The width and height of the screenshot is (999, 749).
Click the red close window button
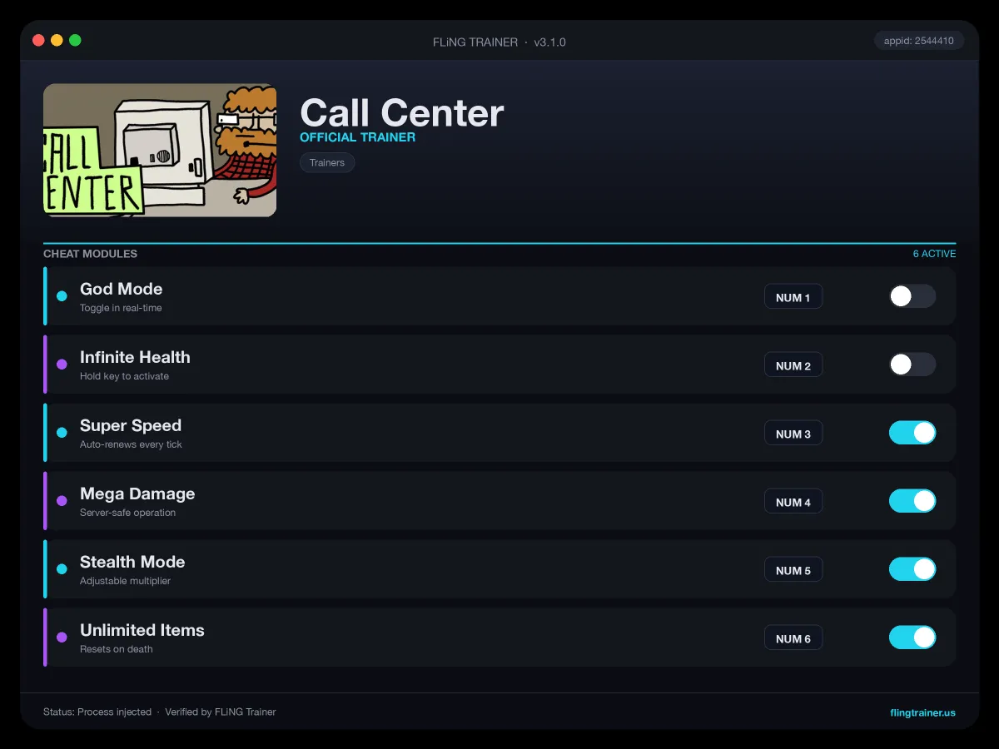click(x=38, y=41)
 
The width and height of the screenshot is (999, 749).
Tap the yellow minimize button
click(x=57, y=41)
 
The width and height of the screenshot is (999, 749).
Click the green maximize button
click(x=75, y=41)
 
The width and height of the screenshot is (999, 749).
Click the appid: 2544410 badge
click(x=918, y=41)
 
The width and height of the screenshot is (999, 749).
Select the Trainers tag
click(x=327, y=162)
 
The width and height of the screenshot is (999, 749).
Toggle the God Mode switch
click(x=912, y=296)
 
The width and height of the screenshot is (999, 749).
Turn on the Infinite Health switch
click(x=912, y=365)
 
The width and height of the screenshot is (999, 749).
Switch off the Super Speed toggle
click(x=912, y=433)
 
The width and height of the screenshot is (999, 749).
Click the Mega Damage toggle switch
click(x=912, y=501)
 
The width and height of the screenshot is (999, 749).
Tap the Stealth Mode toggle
click(x=912, y=569)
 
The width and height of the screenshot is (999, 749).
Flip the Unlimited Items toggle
click(x=912, y=637)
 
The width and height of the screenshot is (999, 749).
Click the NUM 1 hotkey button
click(x=793, y=297)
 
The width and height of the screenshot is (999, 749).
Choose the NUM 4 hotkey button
click(x=793, y=502)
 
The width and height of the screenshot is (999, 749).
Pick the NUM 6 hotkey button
click(x=793, y=638)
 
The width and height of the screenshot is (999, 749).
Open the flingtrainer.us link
click(x=922, y=712)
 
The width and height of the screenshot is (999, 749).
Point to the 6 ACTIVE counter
click(x=934, y=254)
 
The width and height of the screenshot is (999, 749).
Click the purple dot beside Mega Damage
click(x=62, y=501)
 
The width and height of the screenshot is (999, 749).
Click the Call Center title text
click(x=402, y=113)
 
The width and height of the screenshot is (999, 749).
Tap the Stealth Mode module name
click(x=132, y=562)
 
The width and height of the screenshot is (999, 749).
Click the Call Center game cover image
click(x=160, y=150)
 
